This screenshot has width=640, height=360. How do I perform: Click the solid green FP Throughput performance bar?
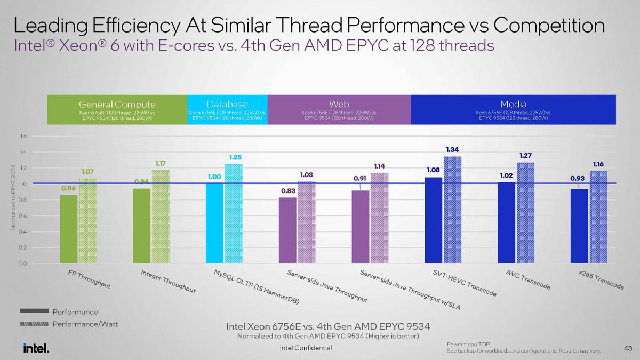tap(69, 229)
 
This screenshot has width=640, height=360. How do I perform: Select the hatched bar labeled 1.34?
tap(452, 210)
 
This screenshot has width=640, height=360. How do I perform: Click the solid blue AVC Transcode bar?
tap(506, 222)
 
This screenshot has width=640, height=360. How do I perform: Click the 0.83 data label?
tap(288, 190)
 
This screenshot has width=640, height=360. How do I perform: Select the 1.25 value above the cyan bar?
tap(235, 157)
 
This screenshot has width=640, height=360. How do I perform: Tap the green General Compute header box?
tap(117, 110)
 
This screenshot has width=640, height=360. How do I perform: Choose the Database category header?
tap(227, 105)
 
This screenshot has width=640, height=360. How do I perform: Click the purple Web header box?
tap(339, 110)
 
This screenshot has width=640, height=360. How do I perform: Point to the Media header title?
tap(513, 105)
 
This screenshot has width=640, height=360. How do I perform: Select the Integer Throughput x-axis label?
tap(168, 282)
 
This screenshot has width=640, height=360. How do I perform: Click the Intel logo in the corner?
tap(36, 348)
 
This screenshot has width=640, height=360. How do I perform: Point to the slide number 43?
tap(627, 348)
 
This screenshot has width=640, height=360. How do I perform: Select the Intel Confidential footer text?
tap(306, 348)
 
